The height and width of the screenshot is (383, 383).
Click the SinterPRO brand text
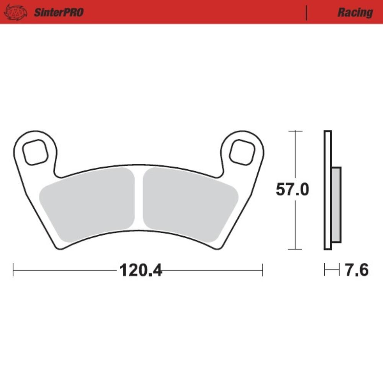(59, 12)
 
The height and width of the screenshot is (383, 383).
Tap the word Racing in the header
(355, 12)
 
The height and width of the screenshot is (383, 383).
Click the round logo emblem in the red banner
(16, 12)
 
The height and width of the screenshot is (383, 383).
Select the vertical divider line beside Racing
(306, 12)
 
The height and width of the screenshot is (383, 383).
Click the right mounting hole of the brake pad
(242, 152)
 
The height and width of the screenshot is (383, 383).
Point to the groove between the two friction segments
(139, 199)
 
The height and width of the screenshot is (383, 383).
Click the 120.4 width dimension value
(141, 270)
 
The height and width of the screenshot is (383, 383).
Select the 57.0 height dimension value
(292, 190)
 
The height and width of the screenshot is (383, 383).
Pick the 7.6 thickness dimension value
(357, 270)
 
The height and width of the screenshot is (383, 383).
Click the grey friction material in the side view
(336, 205)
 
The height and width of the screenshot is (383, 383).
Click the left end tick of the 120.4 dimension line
(13, 270)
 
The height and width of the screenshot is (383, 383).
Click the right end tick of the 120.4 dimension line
(262, 270)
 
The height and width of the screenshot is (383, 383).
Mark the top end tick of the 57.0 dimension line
(295, 131)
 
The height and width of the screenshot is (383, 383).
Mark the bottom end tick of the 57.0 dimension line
(295, 249)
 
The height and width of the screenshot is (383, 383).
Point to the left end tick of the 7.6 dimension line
(325, 270)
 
